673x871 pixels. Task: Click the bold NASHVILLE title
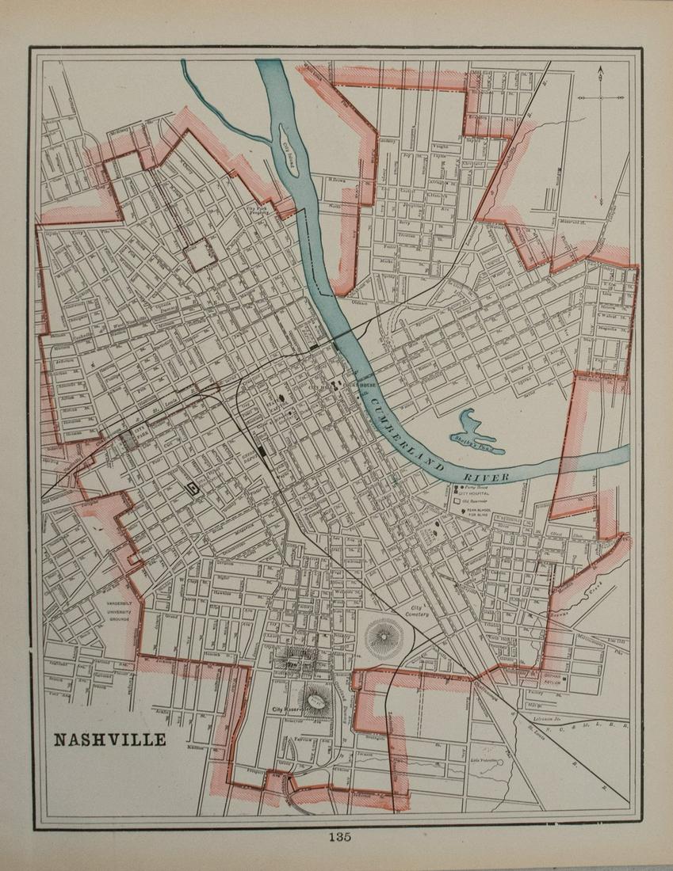(x=109, y=740)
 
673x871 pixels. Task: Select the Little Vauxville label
(x=487, y=762)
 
